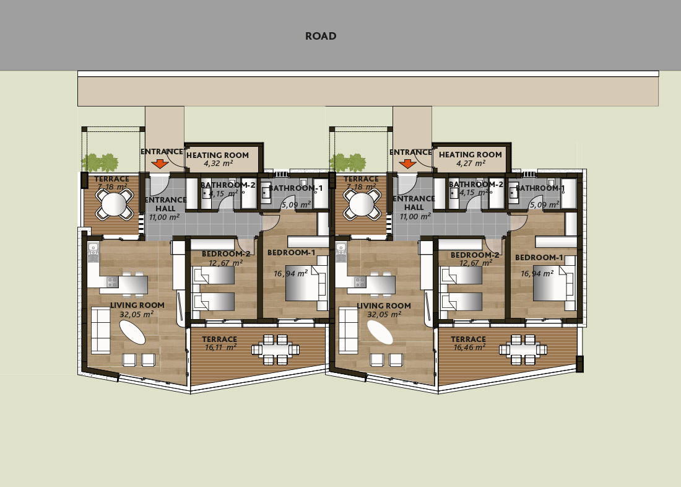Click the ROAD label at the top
[x=321, y=36]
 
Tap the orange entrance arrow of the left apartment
[x=160, y=164]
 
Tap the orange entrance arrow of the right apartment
[x=407, y=164]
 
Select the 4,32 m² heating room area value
[x=218, y=164]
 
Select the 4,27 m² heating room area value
[x=471, y=164]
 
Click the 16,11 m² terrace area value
[x=220, y=347]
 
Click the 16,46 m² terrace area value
[x=469, y=347]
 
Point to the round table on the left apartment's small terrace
[x=114, y=204]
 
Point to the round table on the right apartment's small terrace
[x=362, y=204]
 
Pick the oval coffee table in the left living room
[x=132, y=332]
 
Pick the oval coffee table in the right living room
[x=380, y=332]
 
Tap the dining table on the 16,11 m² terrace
[x=275, y=349]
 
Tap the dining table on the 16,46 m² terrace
[x=523, y=349]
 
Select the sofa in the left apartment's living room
[x=100, y=330]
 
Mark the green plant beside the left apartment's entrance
[x=100, y=162]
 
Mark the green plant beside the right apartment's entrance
[x=348, y=162]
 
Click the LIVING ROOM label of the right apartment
[x=383, y=305]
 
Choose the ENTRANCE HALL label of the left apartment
[x=165, y=204]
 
